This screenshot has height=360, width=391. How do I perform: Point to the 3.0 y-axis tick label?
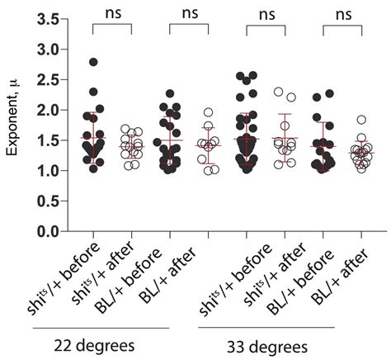pyautogui.click(x=45, y=50)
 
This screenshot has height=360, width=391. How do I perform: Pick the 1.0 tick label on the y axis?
pyautogui.click(x=45, y=171)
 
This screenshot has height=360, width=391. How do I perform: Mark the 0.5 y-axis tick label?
pyautogui.click(x=45, y=201)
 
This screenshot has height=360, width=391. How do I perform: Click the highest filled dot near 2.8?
pyautogui.click(x=94, y=63)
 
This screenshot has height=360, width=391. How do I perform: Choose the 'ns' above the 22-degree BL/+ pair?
pyautogui.click(x=191, y=13)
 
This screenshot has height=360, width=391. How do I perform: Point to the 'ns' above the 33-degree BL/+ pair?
pyautogui.click(x=344, y=13)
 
